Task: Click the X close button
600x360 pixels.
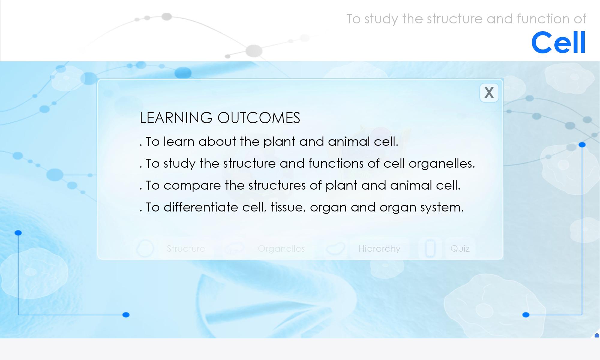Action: (x=489, y=93)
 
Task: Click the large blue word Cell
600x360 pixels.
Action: (x=558, y=42)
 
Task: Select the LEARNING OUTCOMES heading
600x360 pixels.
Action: (x=220, y=118)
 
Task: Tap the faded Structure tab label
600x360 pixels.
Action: (x=186, y=248)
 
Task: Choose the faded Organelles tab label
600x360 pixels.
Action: (x=281, y=249)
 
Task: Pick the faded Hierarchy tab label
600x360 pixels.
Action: (x=379, y=249)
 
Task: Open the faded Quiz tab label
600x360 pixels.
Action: (x=460, y=249)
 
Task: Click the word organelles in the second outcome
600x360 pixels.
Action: (x=442, y=164)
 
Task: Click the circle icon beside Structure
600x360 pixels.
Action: (x=145, y=248)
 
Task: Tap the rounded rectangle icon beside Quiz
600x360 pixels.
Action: (x=430, y=248)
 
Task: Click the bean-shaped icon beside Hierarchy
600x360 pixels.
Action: (x=335, y=248)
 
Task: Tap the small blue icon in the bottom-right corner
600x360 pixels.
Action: (x=597, y=335)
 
